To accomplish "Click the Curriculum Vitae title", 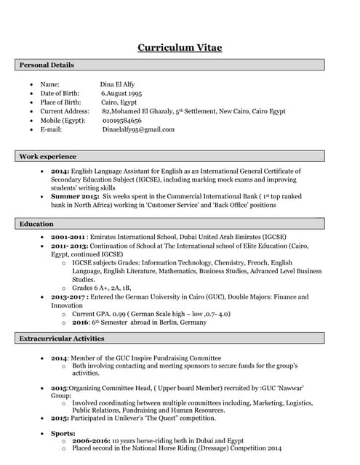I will click(x=180, y=48).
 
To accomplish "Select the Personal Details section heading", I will click(x=47, y=65).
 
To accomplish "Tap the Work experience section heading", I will click(x=47, y=156).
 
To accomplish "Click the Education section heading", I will click(x=36, y=224).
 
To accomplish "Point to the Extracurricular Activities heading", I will click(x=62, y=339).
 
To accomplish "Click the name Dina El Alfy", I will click(x=117, y=85).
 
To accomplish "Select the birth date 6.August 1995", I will click(x=121, y=94).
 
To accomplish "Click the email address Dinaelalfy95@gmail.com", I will click(x=138, y=129).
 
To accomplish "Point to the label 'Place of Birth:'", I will click(x=60, y=102).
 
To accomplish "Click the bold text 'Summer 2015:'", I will click(x=75, y=197).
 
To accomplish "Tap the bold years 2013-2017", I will click(x=68, y=297).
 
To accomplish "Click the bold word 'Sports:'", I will click(x=64, y=433).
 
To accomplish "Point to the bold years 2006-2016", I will click(x=91, y=441).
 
